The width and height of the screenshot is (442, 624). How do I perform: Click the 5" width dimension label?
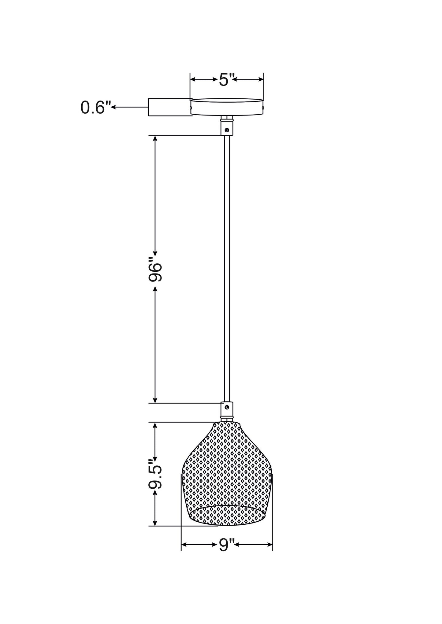227,80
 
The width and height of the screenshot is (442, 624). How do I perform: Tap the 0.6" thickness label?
95,108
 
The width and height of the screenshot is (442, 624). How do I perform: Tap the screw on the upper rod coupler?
227,130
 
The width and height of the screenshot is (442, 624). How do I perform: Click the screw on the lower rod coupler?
227,407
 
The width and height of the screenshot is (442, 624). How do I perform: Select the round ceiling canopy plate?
227,107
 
